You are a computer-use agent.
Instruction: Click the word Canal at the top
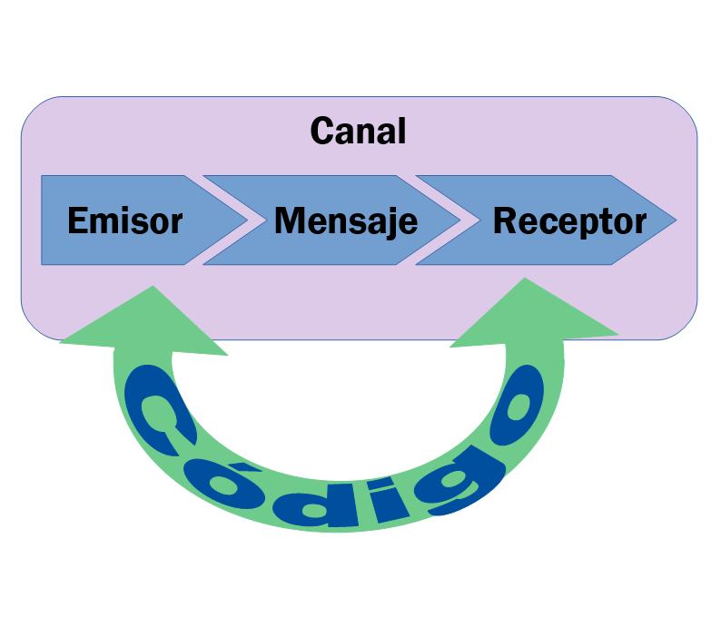tap(358, 132)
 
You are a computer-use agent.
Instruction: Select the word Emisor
tap(125, 221)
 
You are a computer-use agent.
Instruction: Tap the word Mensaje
tap(345, 221)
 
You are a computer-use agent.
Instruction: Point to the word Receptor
tap(569, 221)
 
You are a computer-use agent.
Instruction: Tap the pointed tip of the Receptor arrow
tap(674, 220)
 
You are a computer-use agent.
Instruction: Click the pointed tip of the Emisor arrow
tap(246, 220)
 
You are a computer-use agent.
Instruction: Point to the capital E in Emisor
tap(78, 221)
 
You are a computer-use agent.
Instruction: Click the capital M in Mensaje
tap(289, 221)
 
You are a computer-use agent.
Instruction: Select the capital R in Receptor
tap(504, 221)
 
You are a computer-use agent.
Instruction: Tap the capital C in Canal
tap(323, 132)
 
